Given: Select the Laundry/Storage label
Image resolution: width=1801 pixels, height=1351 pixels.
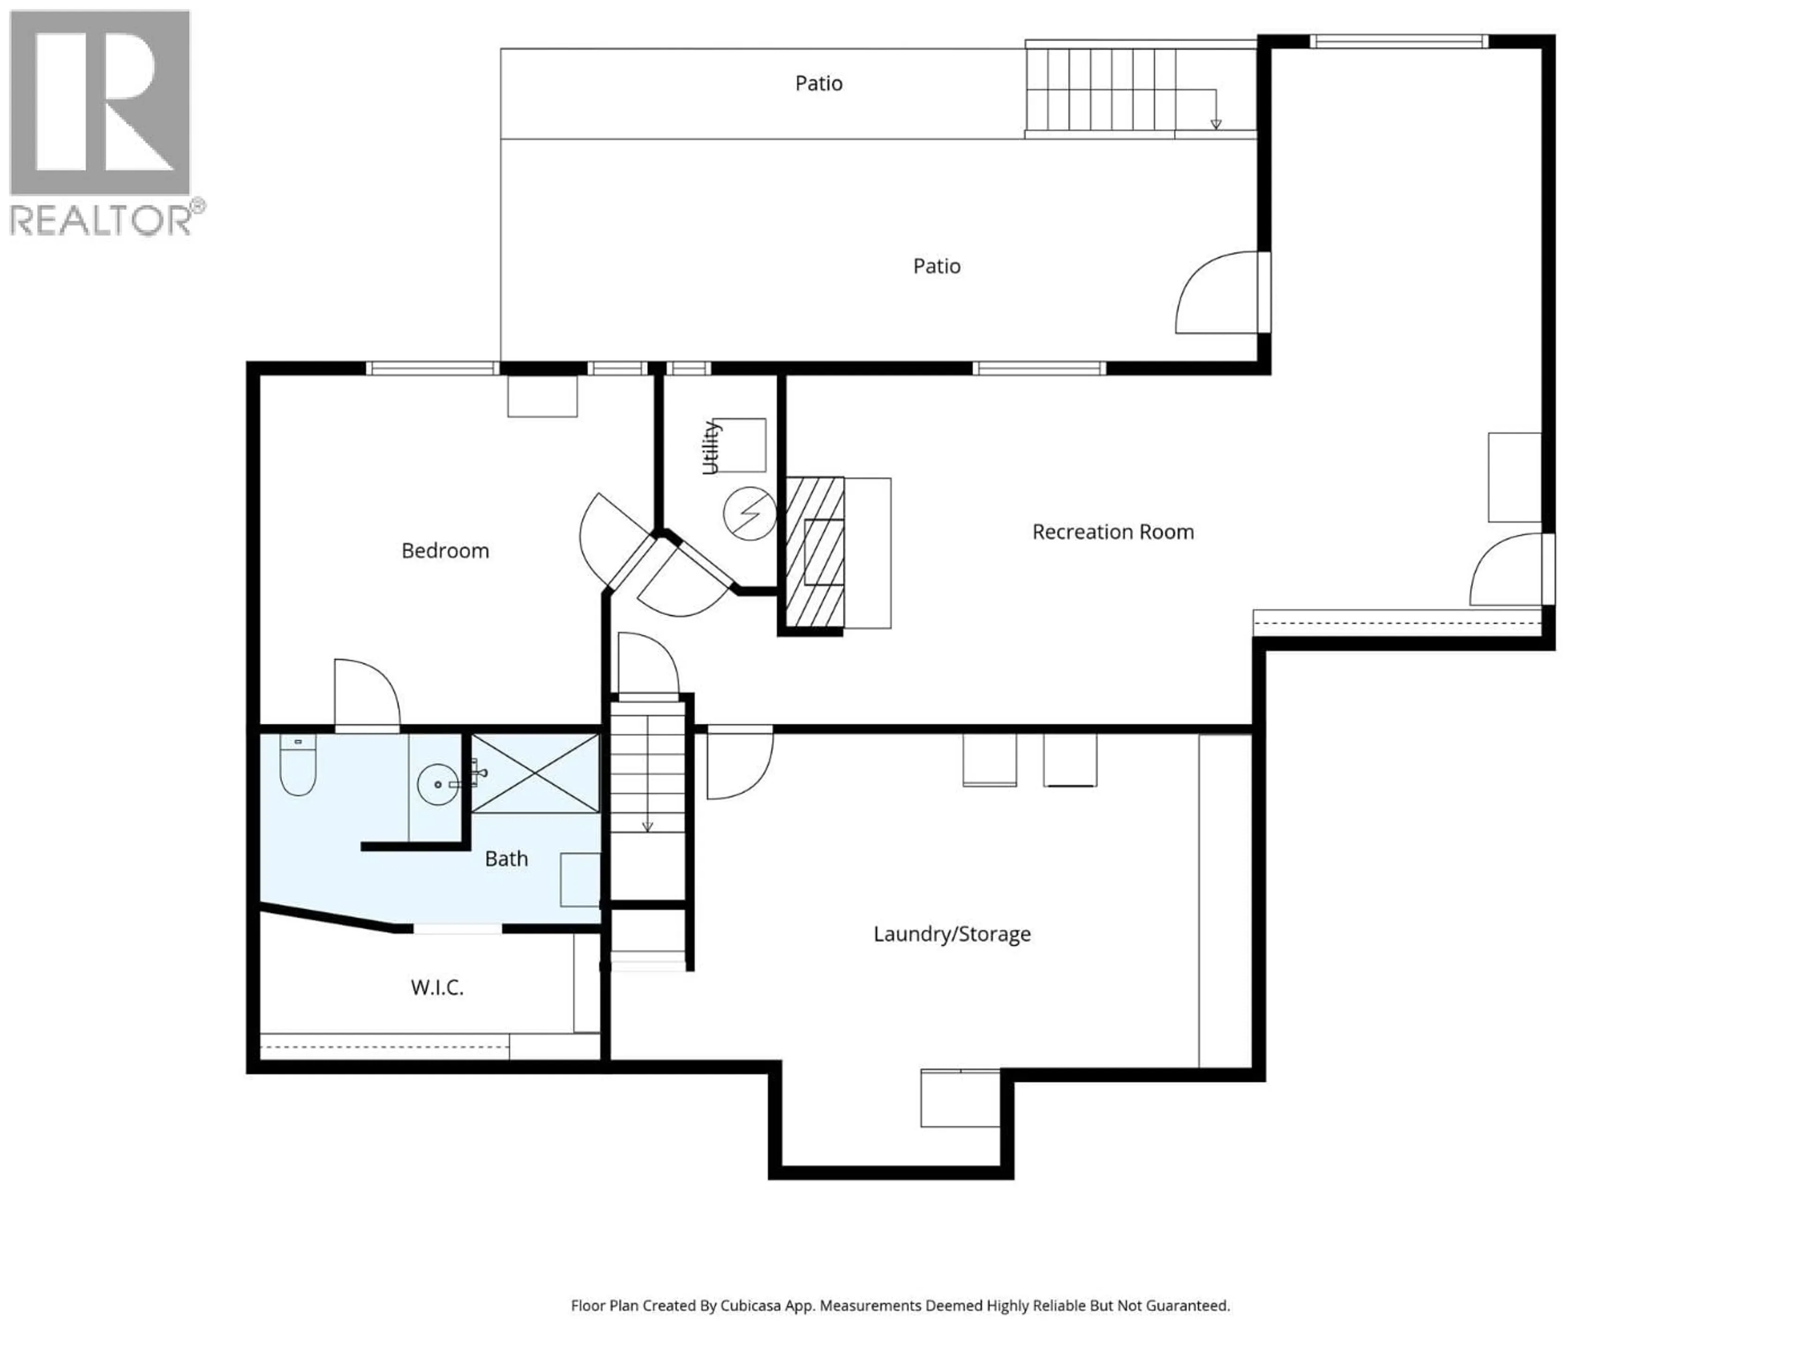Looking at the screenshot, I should pyautogui.click(x=951, y=934).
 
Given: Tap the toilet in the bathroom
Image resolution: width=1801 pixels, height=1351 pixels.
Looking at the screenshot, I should pyautogui.click(x=297, y=766).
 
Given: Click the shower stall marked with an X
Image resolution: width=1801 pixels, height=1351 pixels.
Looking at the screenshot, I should pyautogui.click(x=535, y=773).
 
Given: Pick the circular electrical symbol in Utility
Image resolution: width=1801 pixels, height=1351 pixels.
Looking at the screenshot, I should pyautogui.click(x=749, y=513).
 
